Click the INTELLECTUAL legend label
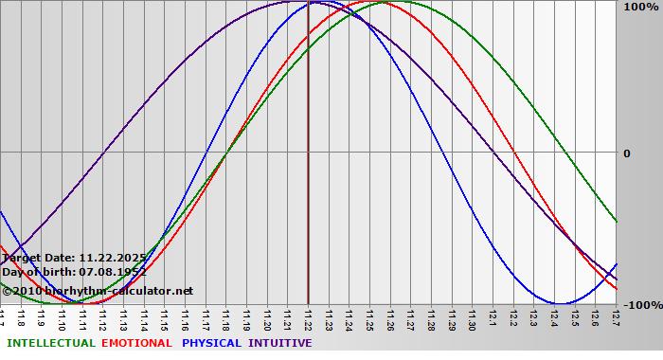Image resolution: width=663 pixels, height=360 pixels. tap(50, 343)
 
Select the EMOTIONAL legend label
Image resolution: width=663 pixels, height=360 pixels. tap(136, 343)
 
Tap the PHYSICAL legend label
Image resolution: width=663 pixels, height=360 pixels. tap(211, 343)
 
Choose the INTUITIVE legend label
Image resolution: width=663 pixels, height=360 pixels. tap(280, 343)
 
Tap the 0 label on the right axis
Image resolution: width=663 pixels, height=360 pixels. tap(626, 153)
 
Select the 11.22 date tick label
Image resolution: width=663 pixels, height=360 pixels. tap(309, 319)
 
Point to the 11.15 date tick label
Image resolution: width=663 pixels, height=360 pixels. tap(165, 319)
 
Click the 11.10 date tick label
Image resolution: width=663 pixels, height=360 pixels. tap(62, 319)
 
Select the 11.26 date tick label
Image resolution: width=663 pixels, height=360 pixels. tap(390, 319)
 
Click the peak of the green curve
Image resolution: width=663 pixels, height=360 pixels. tap(386, 2)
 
